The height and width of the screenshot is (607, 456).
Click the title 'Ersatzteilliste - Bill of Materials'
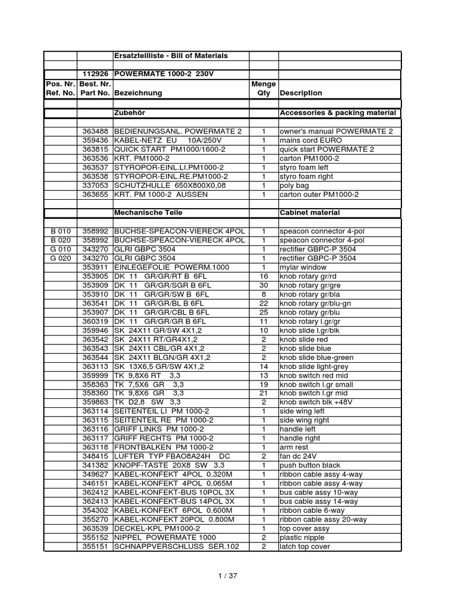(x=170, y=56)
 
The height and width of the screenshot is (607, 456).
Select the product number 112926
(x=95, y=75)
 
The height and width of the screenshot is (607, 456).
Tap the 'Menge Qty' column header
(x=263, y=88)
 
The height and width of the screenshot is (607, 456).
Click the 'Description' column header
(x=301, y=93)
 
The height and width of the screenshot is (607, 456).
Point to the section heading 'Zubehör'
(x=129, y=113)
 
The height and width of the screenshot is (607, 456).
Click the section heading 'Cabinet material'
(x=309, y=212)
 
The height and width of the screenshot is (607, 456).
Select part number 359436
(x=95, y=140)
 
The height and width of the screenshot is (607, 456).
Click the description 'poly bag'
(x=295, y=185)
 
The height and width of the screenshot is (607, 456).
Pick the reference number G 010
(x=61, y=249)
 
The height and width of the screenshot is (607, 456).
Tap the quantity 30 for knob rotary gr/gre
(x=264, y=285)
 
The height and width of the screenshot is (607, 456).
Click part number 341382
(x=95, y=465)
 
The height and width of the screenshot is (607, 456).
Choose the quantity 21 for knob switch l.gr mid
(x=264, y=393)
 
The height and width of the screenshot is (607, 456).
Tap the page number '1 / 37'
(x=227, y=574)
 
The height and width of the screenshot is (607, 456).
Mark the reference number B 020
(x=61, y=240)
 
